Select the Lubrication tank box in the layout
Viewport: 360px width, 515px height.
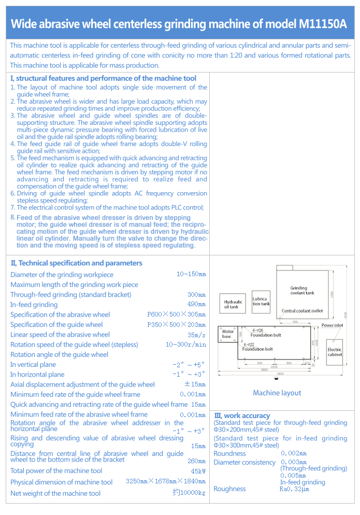click(261, 301)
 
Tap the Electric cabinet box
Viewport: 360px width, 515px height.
click(335, 351)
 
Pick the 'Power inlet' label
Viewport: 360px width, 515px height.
click(332, 325)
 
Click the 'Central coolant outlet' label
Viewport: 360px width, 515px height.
click(302, 311)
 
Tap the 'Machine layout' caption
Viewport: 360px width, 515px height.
click(277, 393)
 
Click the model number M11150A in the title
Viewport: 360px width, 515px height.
click(323, 24)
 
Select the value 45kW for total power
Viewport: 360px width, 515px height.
click(198, 471)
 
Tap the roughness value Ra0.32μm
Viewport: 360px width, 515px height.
click(294, 489)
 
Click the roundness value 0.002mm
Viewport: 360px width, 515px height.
click(294, 453)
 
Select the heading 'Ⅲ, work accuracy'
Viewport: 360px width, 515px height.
click(242, 416)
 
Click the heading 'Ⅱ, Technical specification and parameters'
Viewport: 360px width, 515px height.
click(76, 263)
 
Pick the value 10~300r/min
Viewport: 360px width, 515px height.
click(185, 345)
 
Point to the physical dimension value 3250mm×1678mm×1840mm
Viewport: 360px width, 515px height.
click(166, 481)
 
